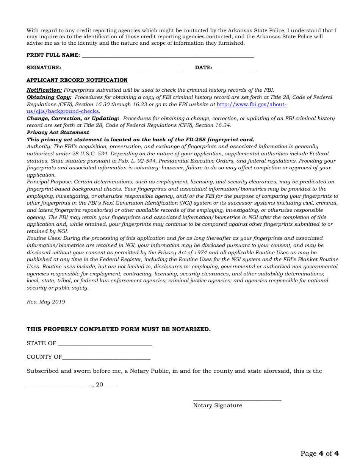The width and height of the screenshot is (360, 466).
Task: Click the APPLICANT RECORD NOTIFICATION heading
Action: [77, 80]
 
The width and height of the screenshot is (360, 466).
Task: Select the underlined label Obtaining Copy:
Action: [49, 97]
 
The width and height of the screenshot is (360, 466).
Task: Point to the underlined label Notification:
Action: [44, 90]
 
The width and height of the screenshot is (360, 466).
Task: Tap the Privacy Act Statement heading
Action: [58, 133]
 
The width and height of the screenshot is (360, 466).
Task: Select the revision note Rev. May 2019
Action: [46, 302]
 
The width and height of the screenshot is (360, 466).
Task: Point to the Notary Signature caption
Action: [218, 406]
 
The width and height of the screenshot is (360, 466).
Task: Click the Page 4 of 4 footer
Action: [319, 453]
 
